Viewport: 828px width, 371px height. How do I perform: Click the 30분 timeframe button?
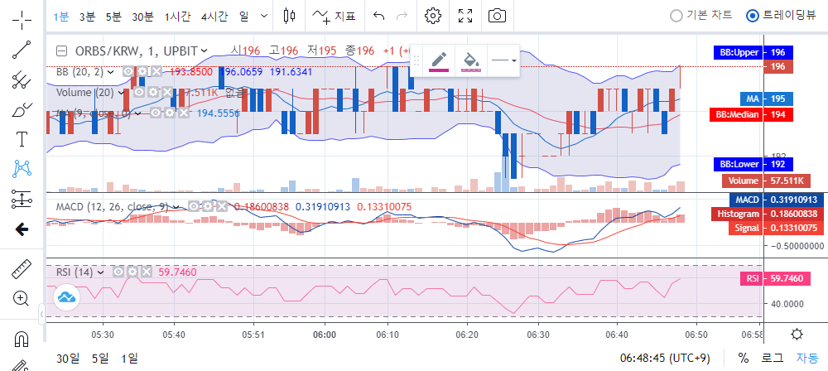[x=142, y=16]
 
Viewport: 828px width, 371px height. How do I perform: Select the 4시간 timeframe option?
[x=214, y=16]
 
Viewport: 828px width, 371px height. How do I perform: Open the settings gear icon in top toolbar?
[x=432, y=16]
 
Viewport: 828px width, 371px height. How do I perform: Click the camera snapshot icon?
[x=497, y=16]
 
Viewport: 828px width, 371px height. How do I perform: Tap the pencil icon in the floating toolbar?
[x=439, y=60]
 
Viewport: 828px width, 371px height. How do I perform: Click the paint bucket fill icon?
[x=470, y=60]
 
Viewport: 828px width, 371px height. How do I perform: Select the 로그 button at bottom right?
[x=772, y=358]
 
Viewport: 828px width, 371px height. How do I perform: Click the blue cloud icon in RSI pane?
[x=66, y=296]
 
